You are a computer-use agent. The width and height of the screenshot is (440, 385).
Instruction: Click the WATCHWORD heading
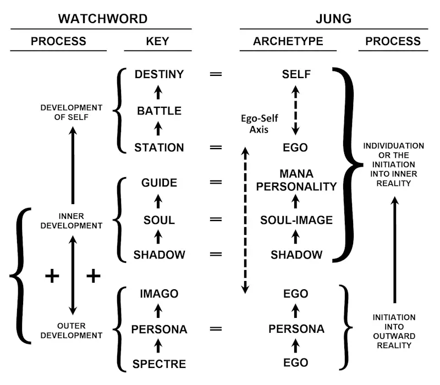coord(103,19)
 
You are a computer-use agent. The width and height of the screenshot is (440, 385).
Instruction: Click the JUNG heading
coord(334,19)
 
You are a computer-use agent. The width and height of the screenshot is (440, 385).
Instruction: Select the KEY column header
coord(158,41)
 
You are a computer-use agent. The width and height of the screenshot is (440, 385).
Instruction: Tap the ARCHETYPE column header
coord(288,41)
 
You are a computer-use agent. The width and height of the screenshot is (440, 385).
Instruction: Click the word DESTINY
coord(159,74)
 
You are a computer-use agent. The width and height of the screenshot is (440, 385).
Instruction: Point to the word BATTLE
coord(159,111)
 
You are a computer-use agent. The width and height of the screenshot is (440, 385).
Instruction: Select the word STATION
coord(159,147)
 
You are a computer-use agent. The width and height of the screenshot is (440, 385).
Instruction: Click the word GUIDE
coord(159,183)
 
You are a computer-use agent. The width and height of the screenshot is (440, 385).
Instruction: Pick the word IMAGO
coord(159,294)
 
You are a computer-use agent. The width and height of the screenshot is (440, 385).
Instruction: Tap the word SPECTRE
coord(159,364)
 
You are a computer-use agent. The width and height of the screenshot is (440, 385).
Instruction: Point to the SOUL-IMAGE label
coord(296,220)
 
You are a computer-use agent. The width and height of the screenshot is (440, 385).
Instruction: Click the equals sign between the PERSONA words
coord(216,329)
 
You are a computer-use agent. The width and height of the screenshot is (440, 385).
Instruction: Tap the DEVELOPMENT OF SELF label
coord(71,112)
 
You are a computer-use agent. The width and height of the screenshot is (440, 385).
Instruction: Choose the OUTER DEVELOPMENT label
coord(71,331)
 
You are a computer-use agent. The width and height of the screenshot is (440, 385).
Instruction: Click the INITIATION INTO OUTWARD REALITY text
coord(394,331)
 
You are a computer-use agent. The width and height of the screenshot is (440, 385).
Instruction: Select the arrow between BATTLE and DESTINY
coord(159,92)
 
